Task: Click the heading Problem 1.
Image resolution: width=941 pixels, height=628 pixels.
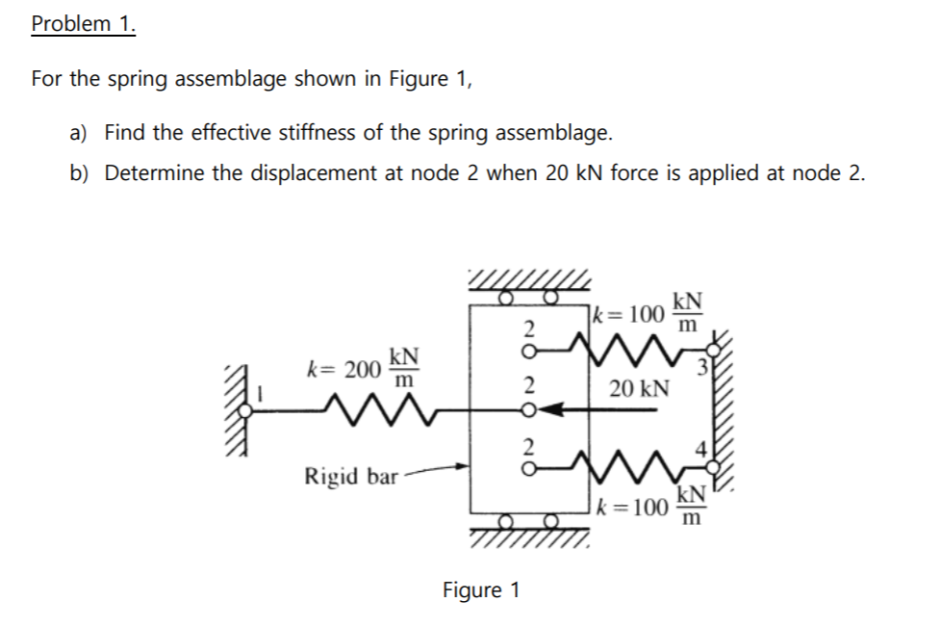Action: tap(83, 24)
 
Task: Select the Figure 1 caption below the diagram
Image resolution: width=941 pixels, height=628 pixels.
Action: tap(480, 589)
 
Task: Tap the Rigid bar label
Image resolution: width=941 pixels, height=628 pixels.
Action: tap(350, 476)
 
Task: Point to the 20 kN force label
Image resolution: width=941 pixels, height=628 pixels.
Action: tap(639, 388)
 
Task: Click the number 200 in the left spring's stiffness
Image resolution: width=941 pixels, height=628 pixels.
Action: tap(363, 369)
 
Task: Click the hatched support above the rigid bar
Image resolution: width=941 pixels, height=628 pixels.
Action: tap(527, 281)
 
